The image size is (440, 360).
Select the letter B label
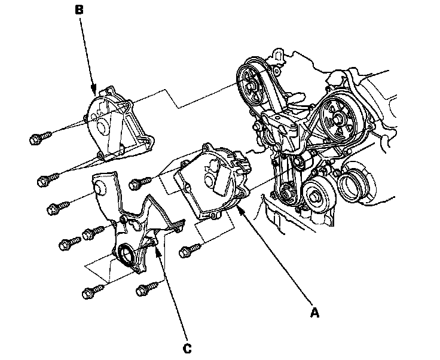coord(80,11)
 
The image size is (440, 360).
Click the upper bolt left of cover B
coord(36,139)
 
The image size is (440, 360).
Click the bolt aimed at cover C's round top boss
coord(54,209)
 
